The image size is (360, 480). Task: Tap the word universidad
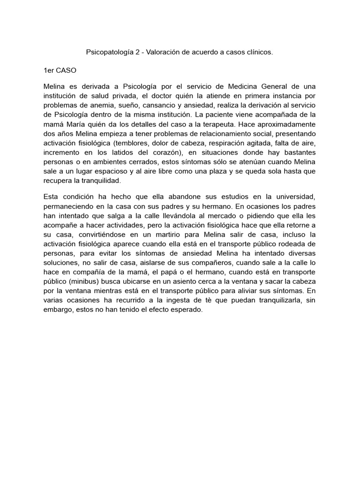293,197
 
